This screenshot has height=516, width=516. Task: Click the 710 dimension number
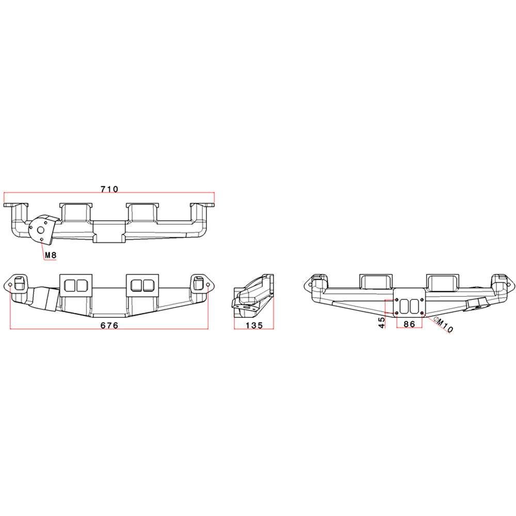109,189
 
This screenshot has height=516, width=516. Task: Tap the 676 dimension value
109,326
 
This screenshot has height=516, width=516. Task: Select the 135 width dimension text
254,326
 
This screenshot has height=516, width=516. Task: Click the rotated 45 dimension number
382,322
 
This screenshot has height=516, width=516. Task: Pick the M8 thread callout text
51,255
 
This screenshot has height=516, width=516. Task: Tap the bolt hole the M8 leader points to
41,239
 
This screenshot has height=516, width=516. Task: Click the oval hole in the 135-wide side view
241,310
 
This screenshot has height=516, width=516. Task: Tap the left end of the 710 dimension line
4,193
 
